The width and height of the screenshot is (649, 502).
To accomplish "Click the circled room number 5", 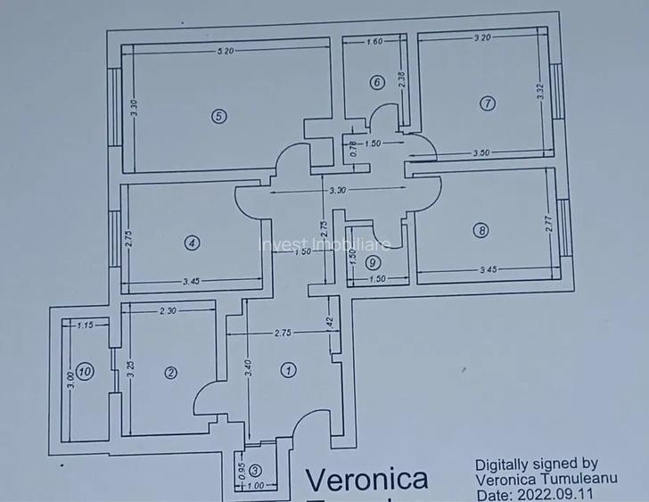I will click(x=217, y=114).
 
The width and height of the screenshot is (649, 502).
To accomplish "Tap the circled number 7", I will click(x=487, y=103).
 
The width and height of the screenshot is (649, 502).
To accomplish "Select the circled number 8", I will click(x=482, y=230).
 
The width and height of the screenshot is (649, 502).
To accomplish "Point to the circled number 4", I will click(x=190, y=242).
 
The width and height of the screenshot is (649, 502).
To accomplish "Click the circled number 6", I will click(x=377, y=83).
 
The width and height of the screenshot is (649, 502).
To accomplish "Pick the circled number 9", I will click(x=373, y=262).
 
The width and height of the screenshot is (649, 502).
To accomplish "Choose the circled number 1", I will click(x=288, y=369).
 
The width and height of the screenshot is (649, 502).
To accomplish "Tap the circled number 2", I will click(x=171, y=373).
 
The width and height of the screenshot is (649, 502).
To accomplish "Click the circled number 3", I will click(x=256, y=470).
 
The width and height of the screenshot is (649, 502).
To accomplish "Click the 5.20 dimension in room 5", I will click(x=226, y=51).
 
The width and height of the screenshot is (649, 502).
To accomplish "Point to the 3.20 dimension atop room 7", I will click(x=482, y=37).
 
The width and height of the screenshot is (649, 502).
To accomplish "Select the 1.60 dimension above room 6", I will click(x=374, y=42).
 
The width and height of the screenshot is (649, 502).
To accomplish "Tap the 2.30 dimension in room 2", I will click(x=169, y=311).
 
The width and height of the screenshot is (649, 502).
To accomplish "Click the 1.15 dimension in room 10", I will click(x=86, y=325).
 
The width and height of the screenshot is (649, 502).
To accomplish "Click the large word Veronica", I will click(x=366, y=480).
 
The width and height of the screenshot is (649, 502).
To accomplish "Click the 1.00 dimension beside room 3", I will click(x=257, y=486).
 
